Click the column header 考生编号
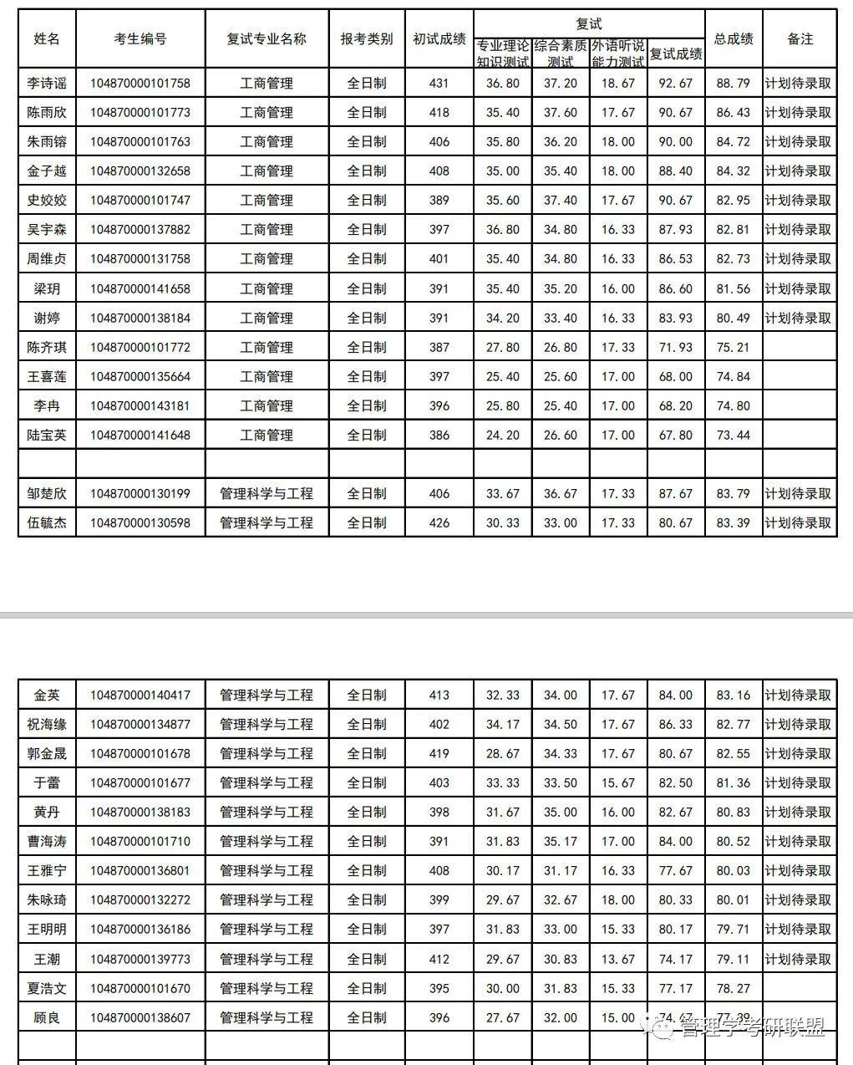pos(140,39)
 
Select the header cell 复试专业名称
pos(267,39)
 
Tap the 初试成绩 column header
pos(439,39)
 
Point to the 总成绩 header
pos(734,39)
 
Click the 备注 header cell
pos(800,39)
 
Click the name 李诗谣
pos(47,84)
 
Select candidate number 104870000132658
pos(140,171)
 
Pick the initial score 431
pos(439,84)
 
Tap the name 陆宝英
pos(47,436)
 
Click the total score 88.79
pos(734,84)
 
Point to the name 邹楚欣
pos(47,494)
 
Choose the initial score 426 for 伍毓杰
pos(439,523)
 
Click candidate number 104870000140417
pos(140,696)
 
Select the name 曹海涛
pos(47,842)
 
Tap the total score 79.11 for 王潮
pos(734,960)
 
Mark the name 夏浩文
pos(47,989)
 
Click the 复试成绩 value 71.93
pos(676,348)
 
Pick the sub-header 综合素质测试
pos(561,54)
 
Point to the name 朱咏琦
pos(47,900)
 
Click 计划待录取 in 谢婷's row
pos(799,318)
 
